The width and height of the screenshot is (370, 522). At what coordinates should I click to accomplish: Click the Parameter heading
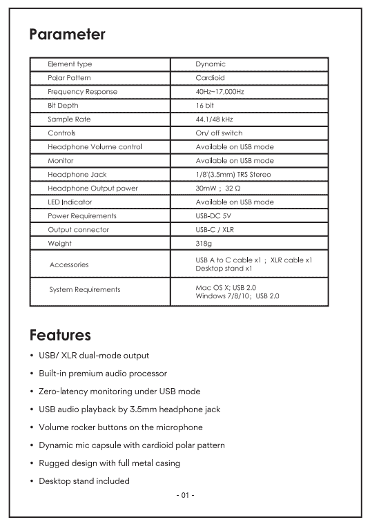pyautogui.click(x=67, y=34)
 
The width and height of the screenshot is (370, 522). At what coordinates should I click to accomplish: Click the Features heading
pyautogui.click(x=60, y=336)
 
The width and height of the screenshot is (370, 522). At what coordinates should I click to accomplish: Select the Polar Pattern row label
pyautogui.click(x=69, y=78)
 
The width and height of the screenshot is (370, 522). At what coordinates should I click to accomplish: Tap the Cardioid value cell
pyautogui.click(x=210, y=78)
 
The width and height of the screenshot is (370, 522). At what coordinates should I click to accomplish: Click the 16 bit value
pyautogui.click(x=205, y=106)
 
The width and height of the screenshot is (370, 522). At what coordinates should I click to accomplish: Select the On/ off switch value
pyautogui.click(x=219, y=133)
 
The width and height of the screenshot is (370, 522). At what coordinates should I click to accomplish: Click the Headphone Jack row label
pyautogui.click(x=77, y=175)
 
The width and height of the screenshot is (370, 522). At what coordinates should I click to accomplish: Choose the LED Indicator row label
pyautogui.click(x=70, y=202)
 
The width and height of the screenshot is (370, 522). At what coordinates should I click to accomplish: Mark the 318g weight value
pyautogui.click(x=204, y=244)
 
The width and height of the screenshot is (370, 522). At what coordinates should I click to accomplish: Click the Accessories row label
pyautogui.click(x=69, y=264)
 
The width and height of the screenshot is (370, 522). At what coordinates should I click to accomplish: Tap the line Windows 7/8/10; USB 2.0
pyautogui.click(x=237, y=296)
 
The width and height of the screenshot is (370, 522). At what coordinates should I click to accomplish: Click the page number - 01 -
pyautogui.click(x=185, y=495)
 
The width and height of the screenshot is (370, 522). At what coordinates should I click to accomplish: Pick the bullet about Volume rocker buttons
pyautogui.click(x=121, y=427)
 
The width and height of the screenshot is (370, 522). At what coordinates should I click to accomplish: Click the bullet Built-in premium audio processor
pyautogui.click(x=103, y=374)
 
